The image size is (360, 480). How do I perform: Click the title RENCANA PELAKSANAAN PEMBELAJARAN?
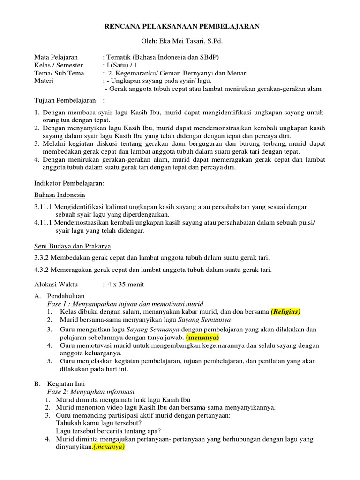(x=181, y=27)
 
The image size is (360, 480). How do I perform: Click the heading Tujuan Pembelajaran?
(x=65, y=101)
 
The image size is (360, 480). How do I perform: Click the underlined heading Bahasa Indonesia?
(x=60, y=195)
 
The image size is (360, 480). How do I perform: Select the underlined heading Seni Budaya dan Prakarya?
(x=73, y=246)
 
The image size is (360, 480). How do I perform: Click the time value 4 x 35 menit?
(x=125, y=285)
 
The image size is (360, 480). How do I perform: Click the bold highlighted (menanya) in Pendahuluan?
(x=202, y=337)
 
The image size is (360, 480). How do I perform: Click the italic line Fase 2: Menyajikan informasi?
(x=91, y=391)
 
